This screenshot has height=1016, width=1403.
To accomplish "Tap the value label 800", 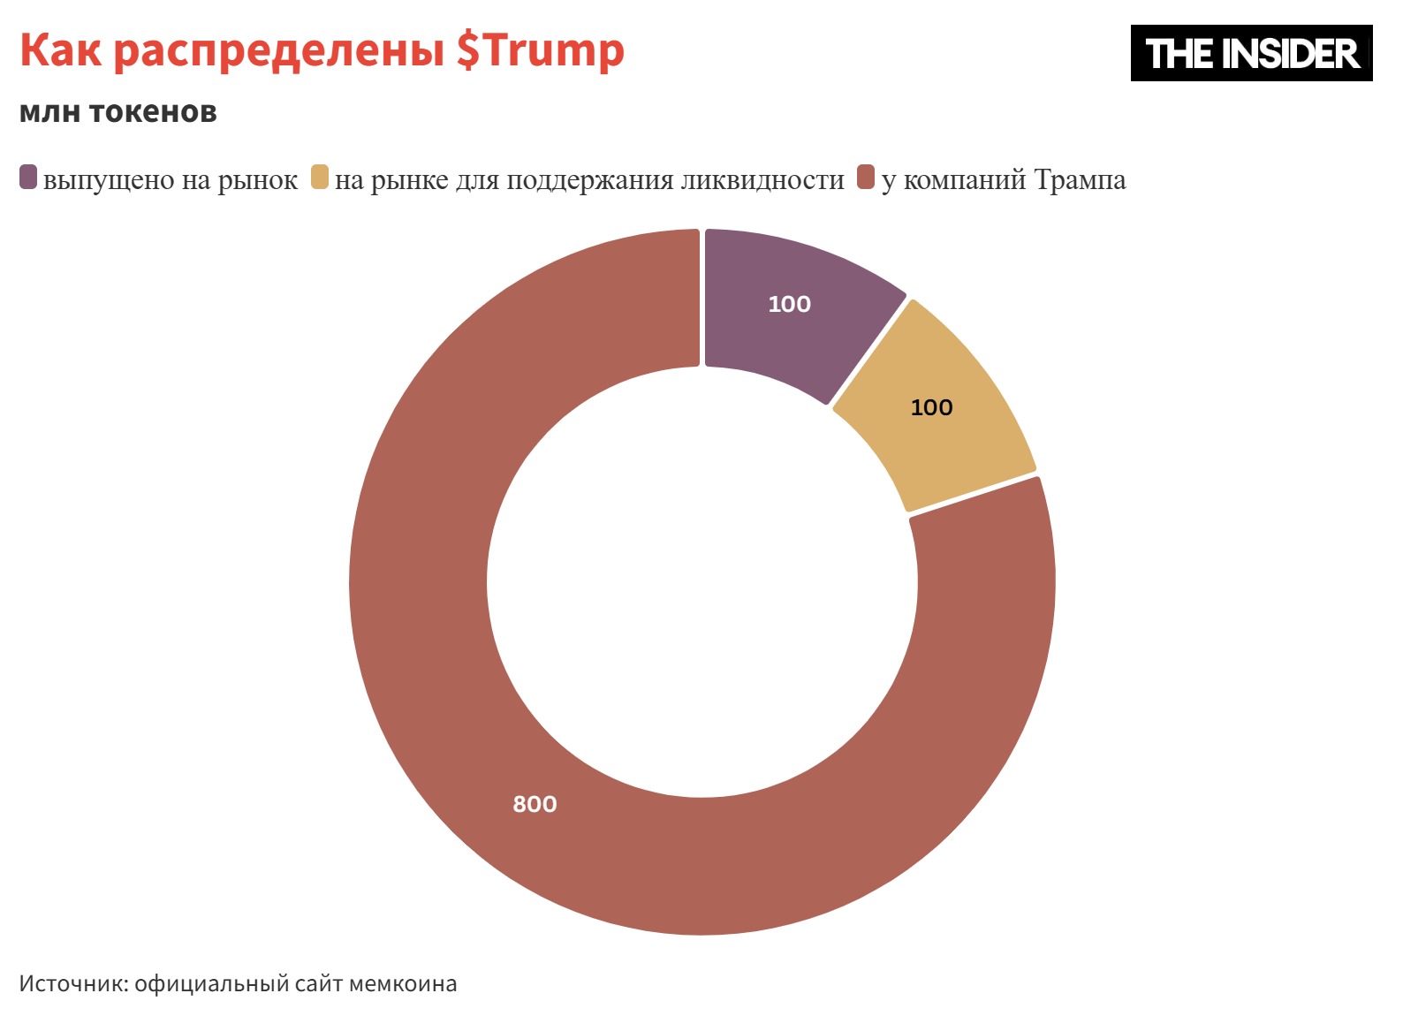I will click(x=535, y=804).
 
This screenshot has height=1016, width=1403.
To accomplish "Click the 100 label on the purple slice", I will click(x=789, y=304).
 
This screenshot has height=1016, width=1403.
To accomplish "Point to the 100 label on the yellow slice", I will click(x=931, y=407).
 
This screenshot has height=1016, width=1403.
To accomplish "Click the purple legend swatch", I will click(x=28, y=178).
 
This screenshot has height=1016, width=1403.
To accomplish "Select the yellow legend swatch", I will click(x=320, y=178).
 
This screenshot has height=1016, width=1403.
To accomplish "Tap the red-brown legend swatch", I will click(x=866, y=178).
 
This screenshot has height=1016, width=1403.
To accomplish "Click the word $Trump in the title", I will click(x=540, y=50).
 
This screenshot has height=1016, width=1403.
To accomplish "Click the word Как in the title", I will click(x=60, y=50).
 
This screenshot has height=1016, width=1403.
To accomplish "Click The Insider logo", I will click(x=1251, y=53).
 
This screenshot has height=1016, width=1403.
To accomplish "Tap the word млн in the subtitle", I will click(x=49, y=112).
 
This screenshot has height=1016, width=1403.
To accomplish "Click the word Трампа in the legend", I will click(x=1080, y=179).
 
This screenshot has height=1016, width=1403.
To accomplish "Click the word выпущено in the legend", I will click(x=109, y=180).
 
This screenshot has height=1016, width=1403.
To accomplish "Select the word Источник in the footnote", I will click(x=72, y=983).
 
